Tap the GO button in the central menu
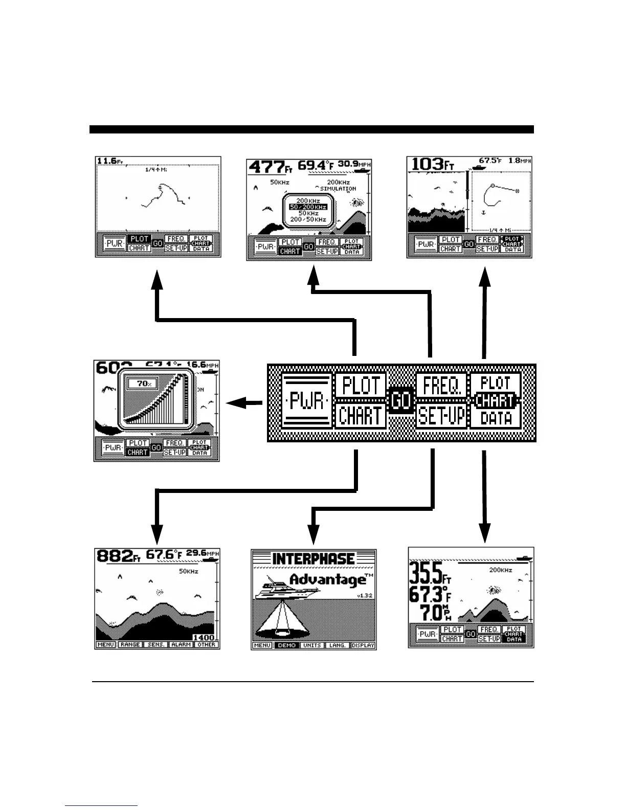(x=401, y=400)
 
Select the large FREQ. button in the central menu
(x=441, y=385)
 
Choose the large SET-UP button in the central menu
(x=441, y=416)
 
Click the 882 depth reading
(x=115, y=556)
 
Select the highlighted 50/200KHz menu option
(x=308, y=207)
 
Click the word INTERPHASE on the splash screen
(x=314, y=558)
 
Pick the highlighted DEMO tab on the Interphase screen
(x=286, y=645)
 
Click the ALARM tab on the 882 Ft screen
(x=181, y=645)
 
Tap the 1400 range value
(x=204, y=638)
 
